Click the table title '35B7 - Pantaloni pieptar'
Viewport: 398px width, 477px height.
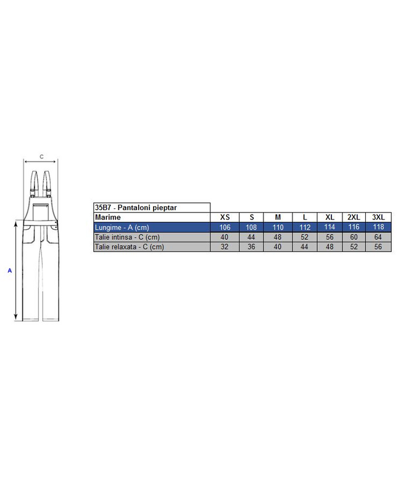click(136, 208)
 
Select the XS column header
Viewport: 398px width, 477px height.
click(225, 217)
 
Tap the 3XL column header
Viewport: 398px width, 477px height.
click(378, 217)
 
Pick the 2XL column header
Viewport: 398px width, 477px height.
click(354, 217)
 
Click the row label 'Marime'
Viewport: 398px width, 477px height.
click(108, 217)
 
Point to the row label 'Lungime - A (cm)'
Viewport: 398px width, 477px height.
click(122, 227)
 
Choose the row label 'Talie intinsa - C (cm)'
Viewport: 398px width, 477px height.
click(127, 237)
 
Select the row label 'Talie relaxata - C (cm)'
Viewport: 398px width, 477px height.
click(130, 247)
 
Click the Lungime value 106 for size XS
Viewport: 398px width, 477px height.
click(225, 227)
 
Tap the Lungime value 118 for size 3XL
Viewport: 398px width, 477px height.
click(378, 227)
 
